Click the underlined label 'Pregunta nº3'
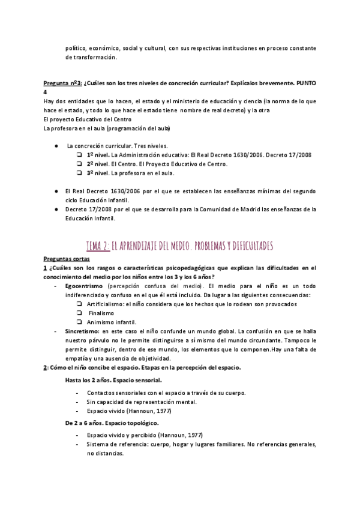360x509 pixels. [62, 83]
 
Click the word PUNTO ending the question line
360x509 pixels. [304, 83]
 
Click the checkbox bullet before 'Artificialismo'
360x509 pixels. [79, 304]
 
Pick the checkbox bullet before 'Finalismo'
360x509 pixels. [79, 313]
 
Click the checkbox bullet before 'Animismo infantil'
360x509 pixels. [79, 322]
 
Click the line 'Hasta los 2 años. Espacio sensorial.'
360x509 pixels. [113, 380]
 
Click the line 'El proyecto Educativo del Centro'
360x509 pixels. [88, 119]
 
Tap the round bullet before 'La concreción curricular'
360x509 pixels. [55, 146]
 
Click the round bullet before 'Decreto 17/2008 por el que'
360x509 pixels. [55, 209]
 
